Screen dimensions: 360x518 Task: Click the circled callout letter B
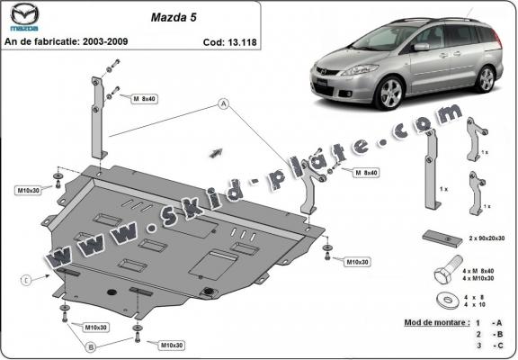pos(91,346)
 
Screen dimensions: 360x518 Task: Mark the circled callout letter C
pos(27,280)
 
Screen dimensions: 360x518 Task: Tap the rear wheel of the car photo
pos(486,78)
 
